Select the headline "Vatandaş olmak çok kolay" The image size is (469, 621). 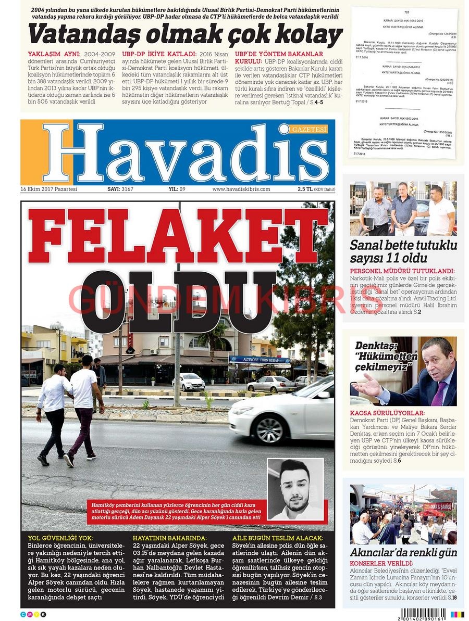click(x=185, y=35)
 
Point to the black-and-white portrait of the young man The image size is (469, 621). click(x=295, y=489)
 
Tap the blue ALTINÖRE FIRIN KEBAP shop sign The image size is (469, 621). click(x=260, y=360)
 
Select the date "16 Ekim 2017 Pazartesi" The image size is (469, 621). click(x=49, y=189)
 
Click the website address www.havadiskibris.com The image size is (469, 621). click(x=241, y=189)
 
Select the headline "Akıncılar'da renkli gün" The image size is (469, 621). click(x=403, y=552)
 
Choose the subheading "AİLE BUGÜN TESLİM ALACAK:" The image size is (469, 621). click(x=277, y=538)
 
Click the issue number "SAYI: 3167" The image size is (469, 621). click(x=120, y=189)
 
